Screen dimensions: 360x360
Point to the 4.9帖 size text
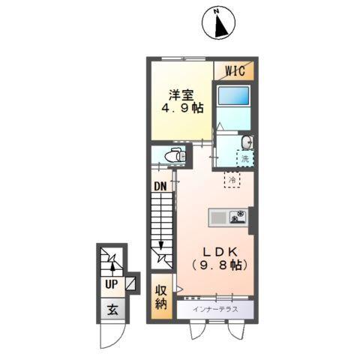tap(182, 109)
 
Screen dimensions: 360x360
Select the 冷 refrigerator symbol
tap(232, 180)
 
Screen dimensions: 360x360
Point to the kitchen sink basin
tap(218, 217)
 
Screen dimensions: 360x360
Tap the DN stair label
tap(160, 184)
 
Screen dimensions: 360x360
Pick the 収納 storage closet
tap(161, 297)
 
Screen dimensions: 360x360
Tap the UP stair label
tap(110, 284)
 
